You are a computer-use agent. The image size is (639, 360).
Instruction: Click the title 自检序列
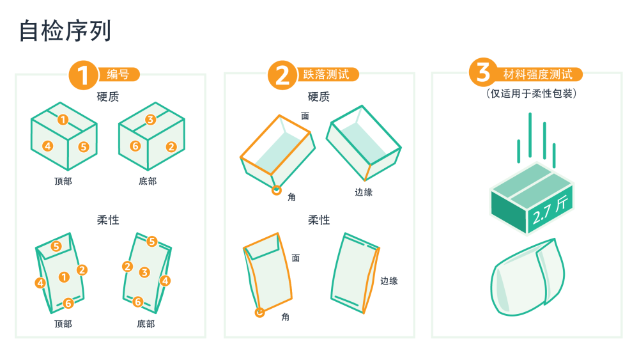point(65,31)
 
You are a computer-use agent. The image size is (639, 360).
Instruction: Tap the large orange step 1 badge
point(83,75)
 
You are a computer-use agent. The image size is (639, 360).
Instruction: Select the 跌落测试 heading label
point(326,75)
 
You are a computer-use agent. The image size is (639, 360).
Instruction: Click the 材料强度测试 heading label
point(537,75)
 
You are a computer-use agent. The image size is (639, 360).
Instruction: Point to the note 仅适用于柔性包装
point(532,94)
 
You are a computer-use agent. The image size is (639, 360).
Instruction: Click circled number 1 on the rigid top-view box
point(63,120)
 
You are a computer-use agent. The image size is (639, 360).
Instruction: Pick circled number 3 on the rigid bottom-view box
point(150,120)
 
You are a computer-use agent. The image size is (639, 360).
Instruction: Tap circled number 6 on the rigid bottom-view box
point(135,146)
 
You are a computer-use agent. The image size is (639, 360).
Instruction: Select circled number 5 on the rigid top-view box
point(84,147)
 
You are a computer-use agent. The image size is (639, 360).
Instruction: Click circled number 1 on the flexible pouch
point(64,278)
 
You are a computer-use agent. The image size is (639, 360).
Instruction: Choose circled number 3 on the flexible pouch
point(144,272)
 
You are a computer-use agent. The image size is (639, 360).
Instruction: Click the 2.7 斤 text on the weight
point(550,209)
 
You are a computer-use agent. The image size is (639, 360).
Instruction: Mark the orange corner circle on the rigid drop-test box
point(277,190)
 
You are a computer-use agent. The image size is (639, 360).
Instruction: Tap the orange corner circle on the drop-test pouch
point(259,313)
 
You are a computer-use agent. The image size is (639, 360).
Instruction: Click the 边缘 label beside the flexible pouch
point(389,281)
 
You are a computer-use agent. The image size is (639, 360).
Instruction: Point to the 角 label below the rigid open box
point(292,198)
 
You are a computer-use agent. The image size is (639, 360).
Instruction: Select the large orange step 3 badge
point(484,72)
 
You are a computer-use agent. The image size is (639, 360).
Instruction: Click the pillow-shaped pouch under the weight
point(528,278)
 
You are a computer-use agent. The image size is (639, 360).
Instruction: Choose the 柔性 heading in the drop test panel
point(319,220)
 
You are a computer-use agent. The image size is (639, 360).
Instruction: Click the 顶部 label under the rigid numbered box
point(63,182)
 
